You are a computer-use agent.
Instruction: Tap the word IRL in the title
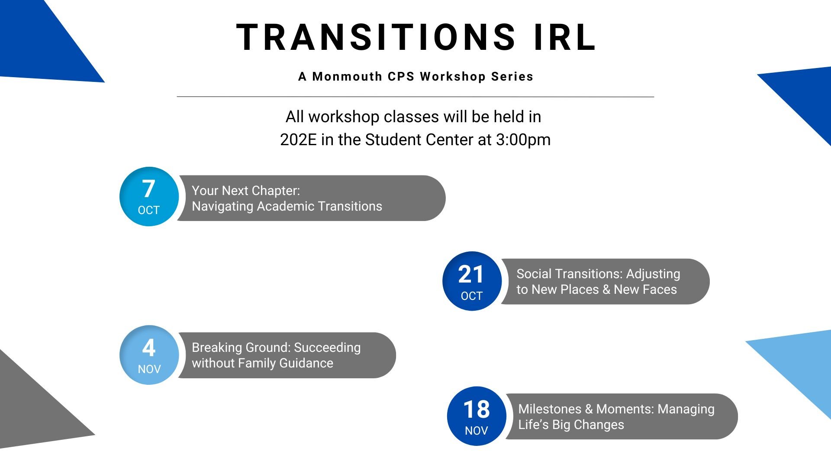tap(565, 37)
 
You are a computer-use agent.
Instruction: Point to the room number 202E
tap(298, 140)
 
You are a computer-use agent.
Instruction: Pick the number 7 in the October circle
tap(148, 189)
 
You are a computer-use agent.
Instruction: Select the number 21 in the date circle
tap(471, 274)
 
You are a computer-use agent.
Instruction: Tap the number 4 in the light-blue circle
tap(149, 348)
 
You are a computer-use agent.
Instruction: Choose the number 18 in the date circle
tap(477, 409)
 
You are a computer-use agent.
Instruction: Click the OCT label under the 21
tap(472, 296)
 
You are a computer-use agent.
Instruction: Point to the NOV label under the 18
tap(477, 431)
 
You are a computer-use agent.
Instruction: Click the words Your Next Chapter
tap(245, 191)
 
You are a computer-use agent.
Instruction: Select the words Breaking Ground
tap(241, 348)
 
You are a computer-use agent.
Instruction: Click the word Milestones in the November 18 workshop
tap(550, 409)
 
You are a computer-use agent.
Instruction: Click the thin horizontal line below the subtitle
tap(415, 97)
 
